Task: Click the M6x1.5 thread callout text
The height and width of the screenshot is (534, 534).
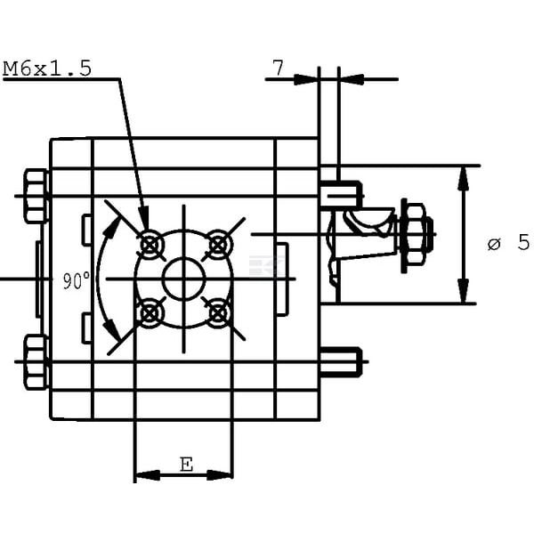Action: click(47, 69)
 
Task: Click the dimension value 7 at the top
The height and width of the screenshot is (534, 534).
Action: click(279, 69)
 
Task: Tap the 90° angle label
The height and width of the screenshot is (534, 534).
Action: click(77, 280)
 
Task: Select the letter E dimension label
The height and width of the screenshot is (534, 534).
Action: click(186, 465)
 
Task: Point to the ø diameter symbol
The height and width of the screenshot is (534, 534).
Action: click(494, 244)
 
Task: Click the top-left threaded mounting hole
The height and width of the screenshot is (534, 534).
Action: click(150, 245)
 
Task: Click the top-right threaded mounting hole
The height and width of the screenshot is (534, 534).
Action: click(218, 245)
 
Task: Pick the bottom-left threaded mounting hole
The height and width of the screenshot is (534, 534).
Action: click(150, 313)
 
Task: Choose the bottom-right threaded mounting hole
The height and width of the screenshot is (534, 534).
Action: click(218, 313)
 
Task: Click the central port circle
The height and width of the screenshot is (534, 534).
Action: click(184, 279)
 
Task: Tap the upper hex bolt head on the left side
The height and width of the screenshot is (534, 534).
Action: click(36, 196)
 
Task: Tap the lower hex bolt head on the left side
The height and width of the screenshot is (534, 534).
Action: click(36, 361)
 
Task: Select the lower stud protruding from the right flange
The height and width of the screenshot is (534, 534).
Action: click(341, 361)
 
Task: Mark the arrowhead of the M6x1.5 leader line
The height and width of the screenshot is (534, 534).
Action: click(145, 219)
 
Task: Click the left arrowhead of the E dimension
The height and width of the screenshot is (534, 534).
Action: click(148, 475)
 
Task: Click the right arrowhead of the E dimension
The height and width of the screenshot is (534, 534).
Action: click(220, 475)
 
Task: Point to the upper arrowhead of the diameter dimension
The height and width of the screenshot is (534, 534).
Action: click(463, 178)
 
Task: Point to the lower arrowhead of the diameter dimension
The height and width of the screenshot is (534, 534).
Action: click(463, 290)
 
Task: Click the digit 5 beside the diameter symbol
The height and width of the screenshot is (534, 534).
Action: click(523, 242)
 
